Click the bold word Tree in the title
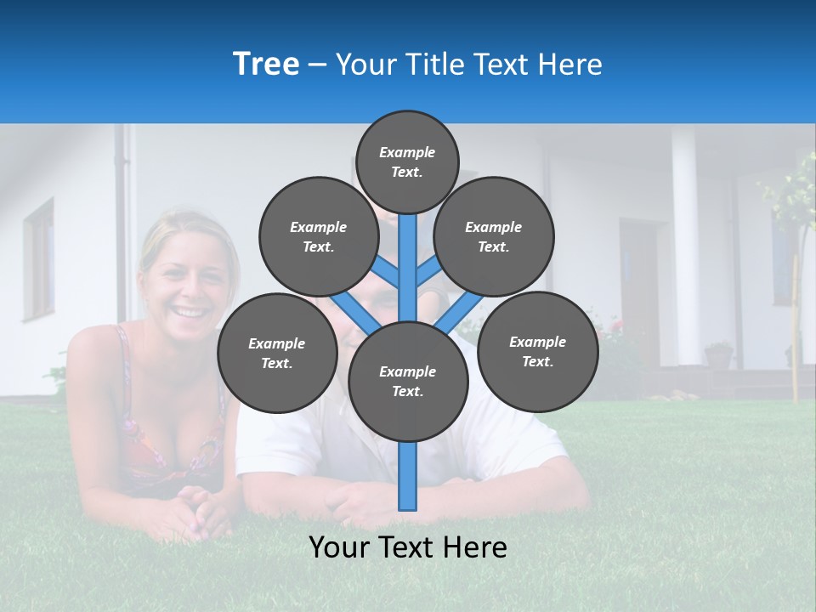[266, 64]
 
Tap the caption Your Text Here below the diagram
[408, 547]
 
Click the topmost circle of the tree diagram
[407, 161]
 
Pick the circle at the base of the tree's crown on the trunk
[408, 382]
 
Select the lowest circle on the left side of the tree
[277, 354]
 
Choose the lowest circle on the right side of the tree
[537, 351]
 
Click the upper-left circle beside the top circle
[319, 236]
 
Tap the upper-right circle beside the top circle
[494, 236]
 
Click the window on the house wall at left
[39, 259]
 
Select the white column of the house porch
[685, 246]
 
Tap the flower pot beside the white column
[718, 354]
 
